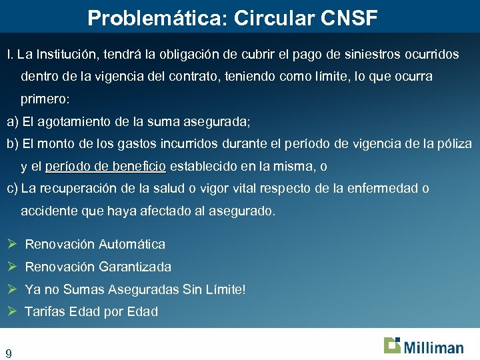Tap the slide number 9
tap(9, 353)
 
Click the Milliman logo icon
tap(392, 345)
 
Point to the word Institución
tap(70, 54)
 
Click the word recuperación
tap(75, 189)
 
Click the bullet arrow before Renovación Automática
tap(11, 244)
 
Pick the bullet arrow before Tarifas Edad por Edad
tap(11, 311)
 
